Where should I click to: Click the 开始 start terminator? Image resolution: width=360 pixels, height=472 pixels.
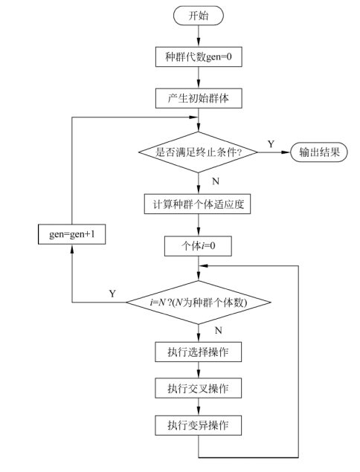[x=199, y=15]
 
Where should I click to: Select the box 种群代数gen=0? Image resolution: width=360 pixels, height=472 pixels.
[x=199, y=56]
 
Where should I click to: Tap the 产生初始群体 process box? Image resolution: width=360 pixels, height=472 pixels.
[x=199, y=97]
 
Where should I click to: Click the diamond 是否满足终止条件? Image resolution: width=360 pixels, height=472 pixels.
[x=199, y=152]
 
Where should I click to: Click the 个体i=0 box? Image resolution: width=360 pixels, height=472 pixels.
[x=199, y=245]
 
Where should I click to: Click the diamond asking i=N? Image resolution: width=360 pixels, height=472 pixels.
[x=199, y=303]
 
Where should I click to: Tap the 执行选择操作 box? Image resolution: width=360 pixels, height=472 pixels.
[x=199, y=349]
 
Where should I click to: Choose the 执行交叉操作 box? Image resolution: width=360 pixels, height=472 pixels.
[x=199, y=387]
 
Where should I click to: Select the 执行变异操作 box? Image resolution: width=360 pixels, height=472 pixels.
[x=199, y=425]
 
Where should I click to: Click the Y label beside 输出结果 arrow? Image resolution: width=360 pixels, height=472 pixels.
[x=270, y=143]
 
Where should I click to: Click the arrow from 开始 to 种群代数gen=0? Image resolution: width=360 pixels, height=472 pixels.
[x=199, y=35]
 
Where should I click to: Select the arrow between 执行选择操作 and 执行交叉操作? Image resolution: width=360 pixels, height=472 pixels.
[x=199, y=369]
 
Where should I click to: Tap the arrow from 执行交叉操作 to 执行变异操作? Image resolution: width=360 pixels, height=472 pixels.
[x=199, y=407]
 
